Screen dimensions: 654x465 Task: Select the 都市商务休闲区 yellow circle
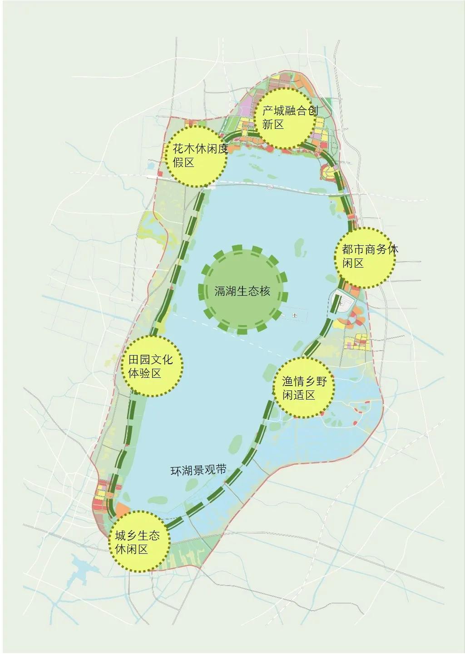(x=365, y=257)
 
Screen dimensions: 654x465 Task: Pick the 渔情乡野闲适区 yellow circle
(x=303, y=388)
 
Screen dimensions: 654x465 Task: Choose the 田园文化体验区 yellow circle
(x=152, y=366)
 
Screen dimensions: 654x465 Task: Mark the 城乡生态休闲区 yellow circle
(x=139, y=542)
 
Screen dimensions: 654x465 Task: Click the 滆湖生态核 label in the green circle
(x=242, y=291)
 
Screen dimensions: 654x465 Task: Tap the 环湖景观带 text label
(x=198, y=470)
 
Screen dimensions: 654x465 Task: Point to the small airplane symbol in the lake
(x=295, y=315)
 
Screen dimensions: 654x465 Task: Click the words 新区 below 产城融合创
(x=273, y=124)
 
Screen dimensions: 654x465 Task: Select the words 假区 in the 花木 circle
(x=183, y=162)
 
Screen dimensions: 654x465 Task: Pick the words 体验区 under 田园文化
(x=145, y=373)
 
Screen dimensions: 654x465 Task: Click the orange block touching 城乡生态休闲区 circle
(x=122, y=509)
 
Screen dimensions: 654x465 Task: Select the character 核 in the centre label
(x=265, y=291)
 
